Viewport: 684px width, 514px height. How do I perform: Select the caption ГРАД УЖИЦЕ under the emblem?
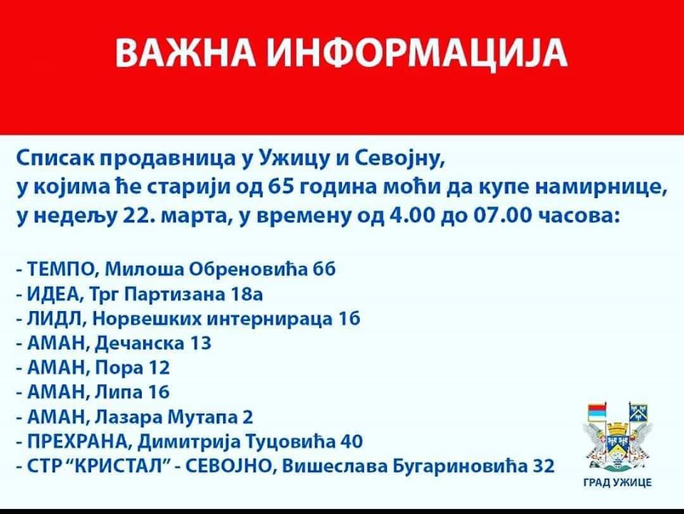tap(617, 482)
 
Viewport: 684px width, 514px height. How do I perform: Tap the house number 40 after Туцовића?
tap(351, 441)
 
